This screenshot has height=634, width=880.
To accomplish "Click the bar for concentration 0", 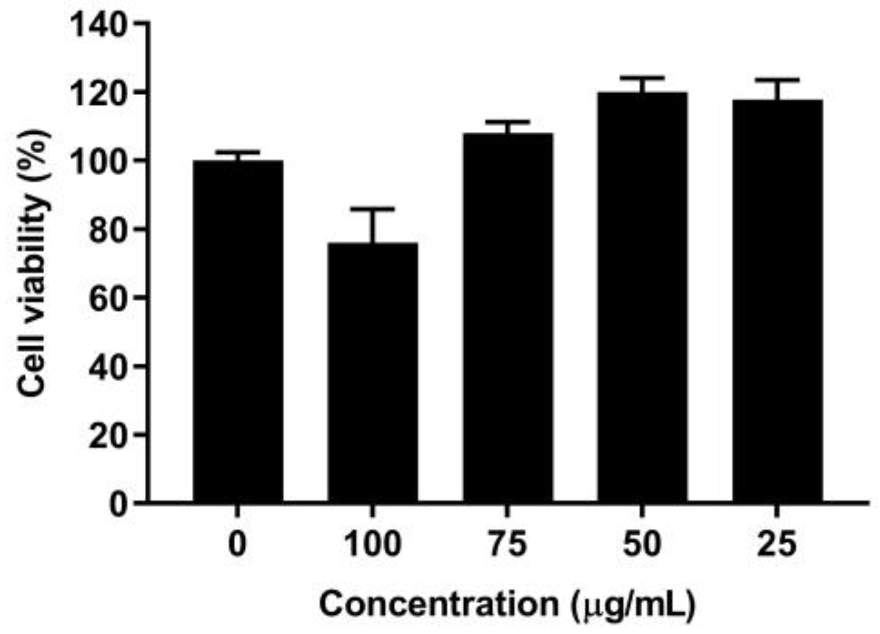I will tap(237, 331).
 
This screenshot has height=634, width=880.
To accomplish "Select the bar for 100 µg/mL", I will tap(372, 372).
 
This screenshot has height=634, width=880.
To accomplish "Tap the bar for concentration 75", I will tap(508, 318).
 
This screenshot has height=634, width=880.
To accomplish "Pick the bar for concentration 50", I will tap(642, 297).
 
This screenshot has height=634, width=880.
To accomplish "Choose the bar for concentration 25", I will tap(777, 301).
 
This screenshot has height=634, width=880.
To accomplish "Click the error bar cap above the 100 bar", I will tap(372, 209).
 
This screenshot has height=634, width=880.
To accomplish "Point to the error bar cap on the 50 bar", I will tap(642, 78).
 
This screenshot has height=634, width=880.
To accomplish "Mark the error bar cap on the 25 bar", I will tap(777, 80).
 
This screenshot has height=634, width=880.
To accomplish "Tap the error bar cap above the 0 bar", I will tap(237, 152).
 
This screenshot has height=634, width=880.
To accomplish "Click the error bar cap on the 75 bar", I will tap(508, 122).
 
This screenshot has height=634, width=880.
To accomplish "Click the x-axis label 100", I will tap(372, 543).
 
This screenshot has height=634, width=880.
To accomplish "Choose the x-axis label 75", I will tap(508, 543).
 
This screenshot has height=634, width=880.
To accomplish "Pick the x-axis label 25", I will tap(777, 543).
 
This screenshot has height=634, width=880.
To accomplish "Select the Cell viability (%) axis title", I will tap(33, 263).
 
